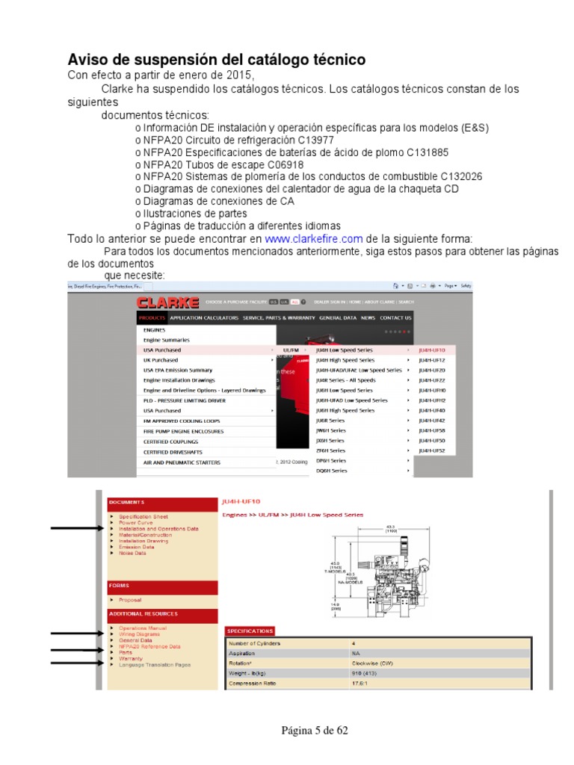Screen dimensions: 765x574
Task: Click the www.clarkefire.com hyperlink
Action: (314, 239)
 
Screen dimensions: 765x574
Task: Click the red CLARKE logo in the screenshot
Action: (167, 303)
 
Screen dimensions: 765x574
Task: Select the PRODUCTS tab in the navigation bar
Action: (152, 318)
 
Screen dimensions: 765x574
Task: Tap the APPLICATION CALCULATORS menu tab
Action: (199, 318)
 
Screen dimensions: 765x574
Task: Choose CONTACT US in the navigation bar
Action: (395, 318)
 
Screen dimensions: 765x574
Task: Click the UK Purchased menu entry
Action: (161, 360)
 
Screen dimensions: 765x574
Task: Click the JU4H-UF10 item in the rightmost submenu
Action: (431, 350)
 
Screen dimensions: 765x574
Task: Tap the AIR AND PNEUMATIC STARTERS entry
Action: (182, 462)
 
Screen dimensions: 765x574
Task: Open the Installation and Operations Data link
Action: (158, 529)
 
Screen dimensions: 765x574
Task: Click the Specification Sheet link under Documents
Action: (143, 517)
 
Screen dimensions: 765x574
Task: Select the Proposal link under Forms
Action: (130, 600)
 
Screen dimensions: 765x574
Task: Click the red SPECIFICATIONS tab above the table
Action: (250, 631)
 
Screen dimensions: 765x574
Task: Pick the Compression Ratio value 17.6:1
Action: (362, 683)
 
